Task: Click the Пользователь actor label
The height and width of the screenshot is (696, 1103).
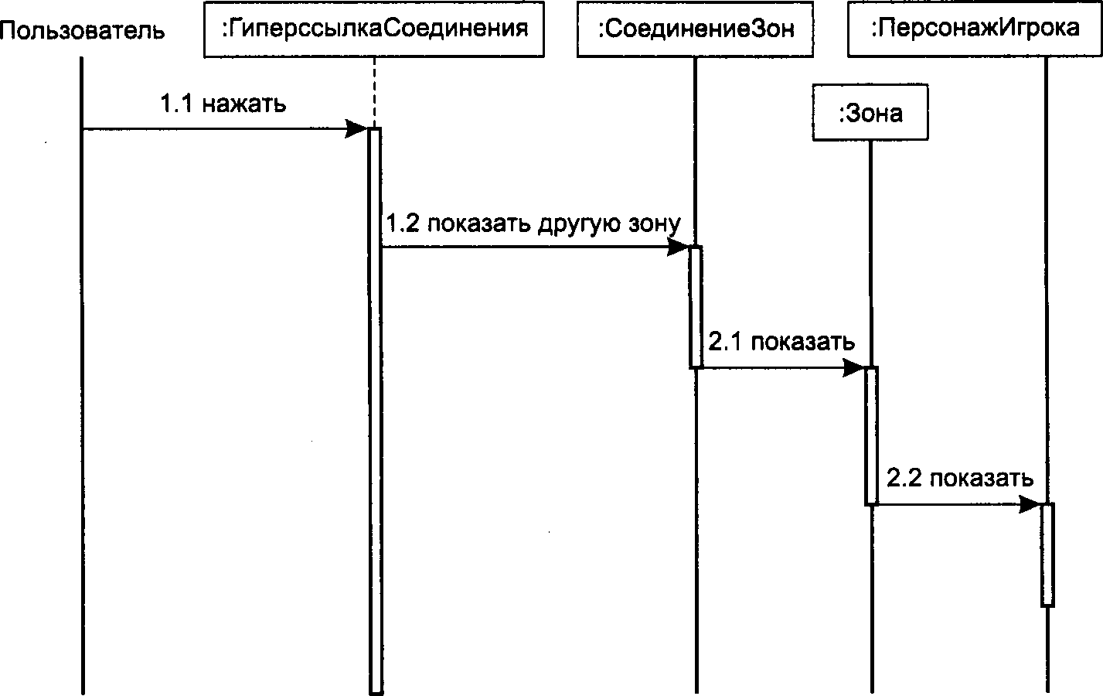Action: pyautogui.click(x=82, y=30)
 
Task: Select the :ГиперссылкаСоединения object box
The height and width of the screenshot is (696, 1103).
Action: pyautogui.click(x=374, y=29)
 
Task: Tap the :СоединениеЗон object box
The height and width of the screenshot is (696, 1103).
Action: pyautogui.click(x=695, y=29)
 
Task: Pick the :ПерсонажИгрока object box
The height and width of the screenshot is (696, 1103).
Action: pyautogui.click(x=975, y=29)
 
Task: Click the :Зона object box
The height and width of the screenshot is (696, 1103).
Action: pyautogui.click(x=870, y=113)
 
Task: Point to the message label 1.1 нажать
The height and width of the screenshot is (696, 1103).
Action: pyautogui.click(x=223, y=104)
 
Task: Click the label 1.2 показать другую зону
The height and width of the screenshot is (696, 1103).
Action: pyautogui.click(x=533, y=223)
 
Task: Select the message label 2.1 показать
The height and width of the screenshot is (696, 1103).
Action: pyautogui.click(x=781, y=342)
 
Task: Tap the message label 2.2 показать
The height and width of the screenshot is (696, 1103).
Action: pyautogui.click(x=960, y=478)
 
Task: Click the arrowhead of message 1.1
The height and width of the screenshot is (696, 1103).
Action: pyautogui.click(x=356, y=129)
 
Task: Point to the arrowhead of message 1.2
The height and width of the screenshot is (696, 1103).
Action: pyautogui.click(x=678, y=247)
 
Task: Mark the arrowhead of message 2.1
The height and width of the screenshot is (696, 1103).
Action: pyautogui.click(x=854, y=367)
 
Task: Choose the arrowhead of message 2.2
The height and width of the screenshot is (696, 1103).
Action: pyautogui.click(x=1030, y=504)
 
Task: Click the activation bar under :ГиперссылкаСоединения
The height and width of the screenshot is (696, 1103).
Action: pyautogui.click(x=375, y=411)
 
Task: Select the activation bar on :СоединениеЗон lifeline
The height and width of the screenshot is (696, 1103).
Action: pyautogui.click(x=696, y=306)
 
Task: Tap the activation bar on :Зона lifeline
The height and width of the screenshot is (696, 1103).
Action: pyautogui.click(x=871, y=436)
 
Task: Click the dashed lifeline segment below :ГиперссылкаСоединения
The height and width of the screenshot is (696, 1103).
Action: pyautogui.click(x=374, y=93)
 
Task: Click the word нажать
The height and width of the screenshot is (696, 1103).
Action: pyautogui.click(x=244, y=104)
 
